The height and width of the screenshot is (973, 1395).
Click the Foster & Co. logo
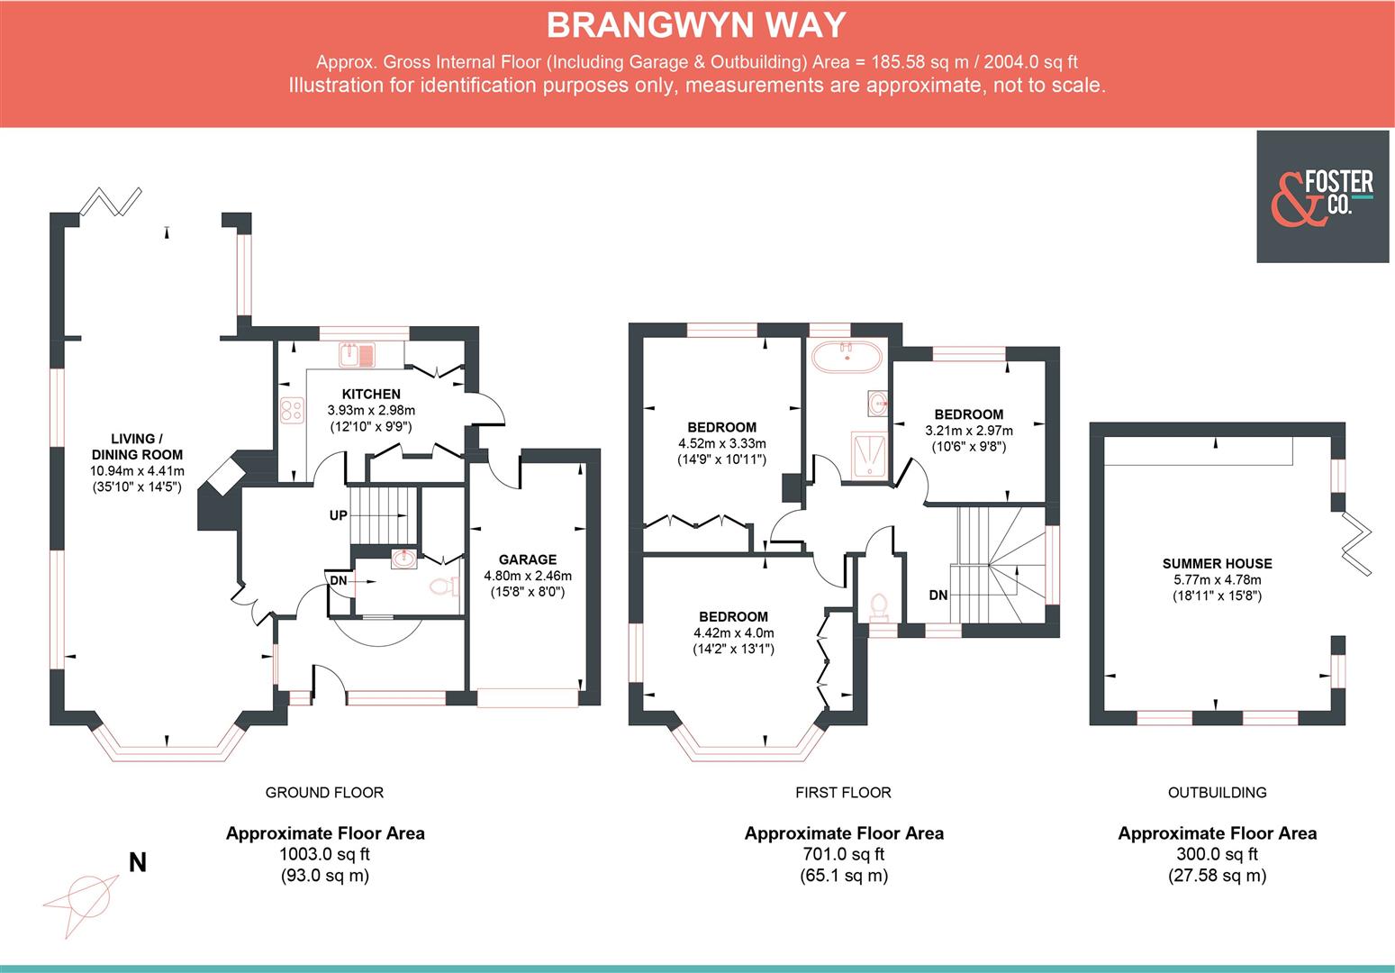pyautogui.click(x=1322, y=196)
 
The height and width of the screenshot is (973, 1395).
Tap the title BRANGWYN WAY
pyautogui.click(x=696, y=25)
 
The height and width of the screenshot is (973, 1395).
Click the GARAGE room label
pyautogui.click(x=527, y=559)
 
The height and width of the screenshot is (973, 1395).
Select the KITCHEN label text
pyautogui.click(x=371, y=394)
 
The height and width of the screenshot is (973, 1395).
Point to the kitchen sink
pyautogui.click(x=359, y=354)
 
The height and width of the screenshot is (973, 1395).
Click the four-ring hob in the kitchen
pyautogui.click(x=292, y=411)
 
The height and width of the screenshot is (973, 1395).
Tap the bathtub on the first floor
pyautogui.click(x=847, y=358)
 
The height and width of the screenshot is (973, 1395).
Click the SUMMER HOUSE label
pyautogui.click(x=1217, y=564)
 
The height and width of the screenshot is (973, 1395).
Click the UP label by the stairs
pyautogui.click(x=338, y=516)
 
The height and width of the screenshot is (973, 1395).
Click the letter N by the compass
pyautogui.click(x=137, y=863)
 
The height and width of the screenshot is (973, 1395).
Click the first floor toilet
pyautogui.click(x=877, y=607)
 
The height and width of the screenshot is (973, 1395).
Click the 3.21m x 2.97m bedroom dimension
pyautogui.click(x=968, y=431)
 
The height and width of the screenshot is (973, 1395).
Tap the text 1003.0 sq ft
pyautogui.click(x=324, y=854)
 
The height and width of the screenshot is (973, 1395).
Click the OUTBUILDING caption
pyautogui.click(x=1217, y=793)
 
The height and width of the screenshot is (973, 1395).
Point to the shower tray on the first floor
pyautogui.click(x=869, y=452)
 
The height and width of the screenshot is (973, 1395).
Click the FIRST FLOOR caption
pyautogui.click(x=843, y=793)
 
